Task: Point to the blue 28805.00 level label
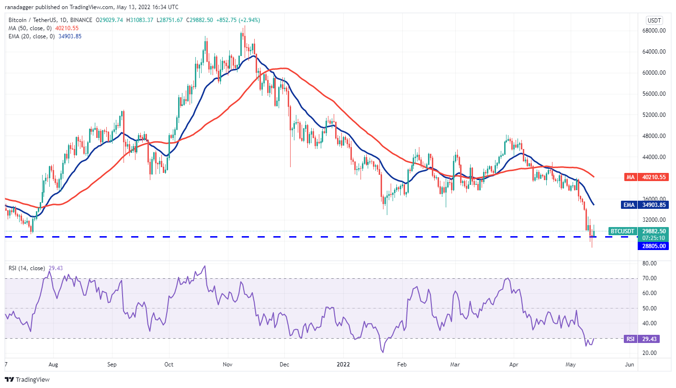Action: [x=653, y=246]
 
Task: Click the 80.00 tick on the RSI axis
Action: [x=649, y=263]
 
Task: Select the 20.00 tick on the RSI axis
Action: [x=649, y=353]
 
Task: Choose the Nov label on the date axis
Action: [x=228, y=365]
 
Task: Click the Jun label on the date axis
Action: [x=630, y=365]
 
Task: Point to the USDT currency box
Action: [x=654, y=20]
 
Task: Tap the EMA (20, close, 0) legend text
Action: [x=31, y=36]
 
